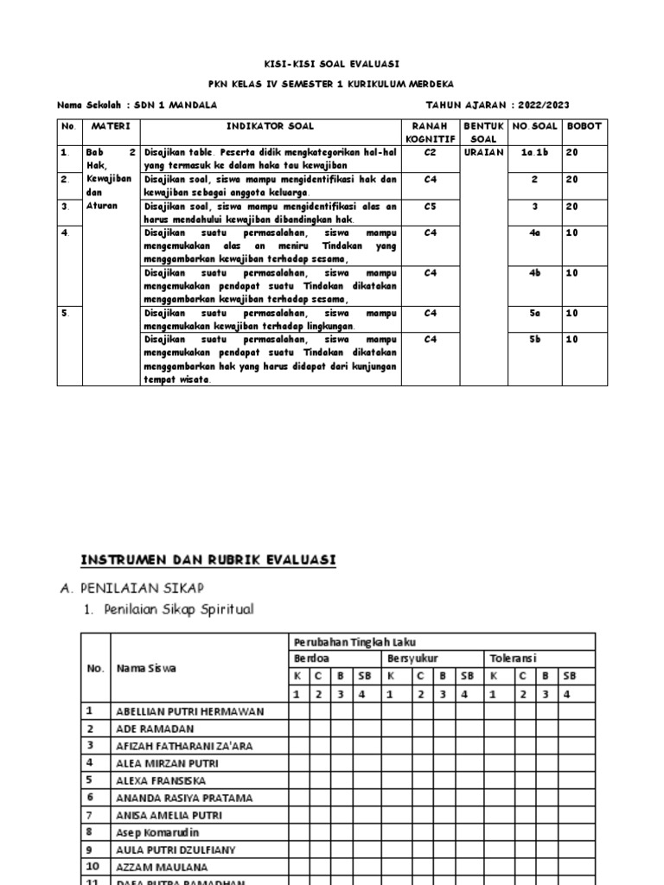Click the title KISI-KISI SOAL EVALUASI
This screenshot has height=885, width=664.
pyautogui.click(x=332, y=64)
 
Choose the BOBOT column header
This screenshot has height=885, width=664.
pyautogui.click(x=584, y=126)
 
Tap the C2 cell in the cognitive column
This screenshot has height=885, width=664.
pyautogui.click(x=430, y=152)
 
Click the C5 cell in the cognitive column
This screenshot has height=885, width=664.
pyautogui.click(x=430, y=207)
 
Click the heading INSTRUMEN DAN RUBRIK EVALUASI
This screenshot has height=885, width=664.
pyautogui.click(x=207, y=560)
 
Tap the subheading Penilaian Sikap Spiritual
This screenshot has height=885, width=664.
pyautogui.click(x=179, y=609)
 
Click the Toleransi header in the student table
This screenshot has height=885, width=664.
pyautogui.click(x=513, y=659)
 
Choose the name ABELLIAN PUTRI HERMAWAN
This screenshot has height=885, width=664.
pyautogui.click(x=189, y=711)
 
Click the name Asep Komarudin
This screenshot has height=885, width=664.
pyautogui.click(x=157, y=832)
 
